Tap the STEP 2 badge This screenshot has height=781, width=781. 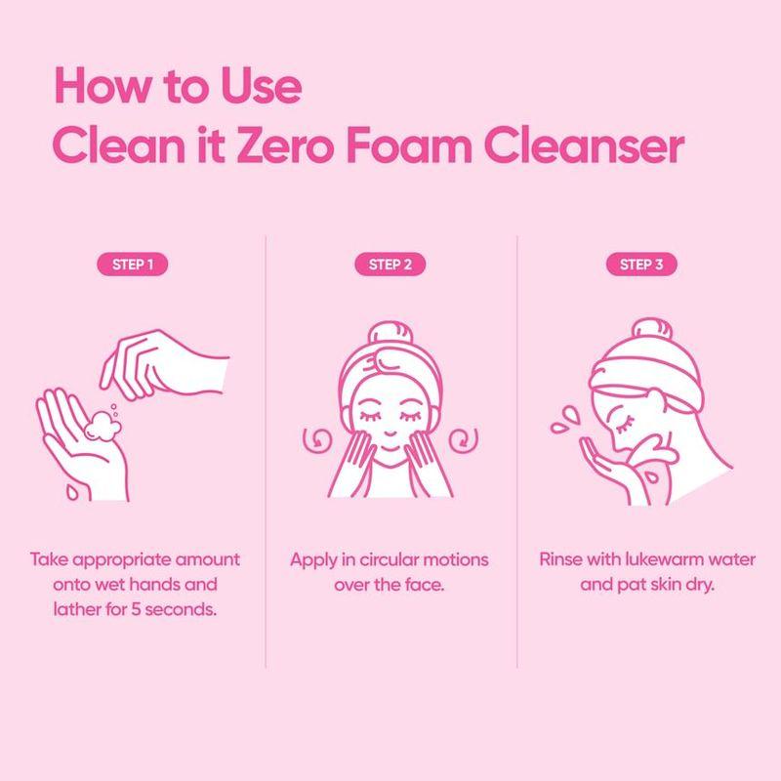tap(390, 264)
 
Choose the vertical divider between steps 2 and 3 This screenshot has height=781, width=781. tap(517, 449)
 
